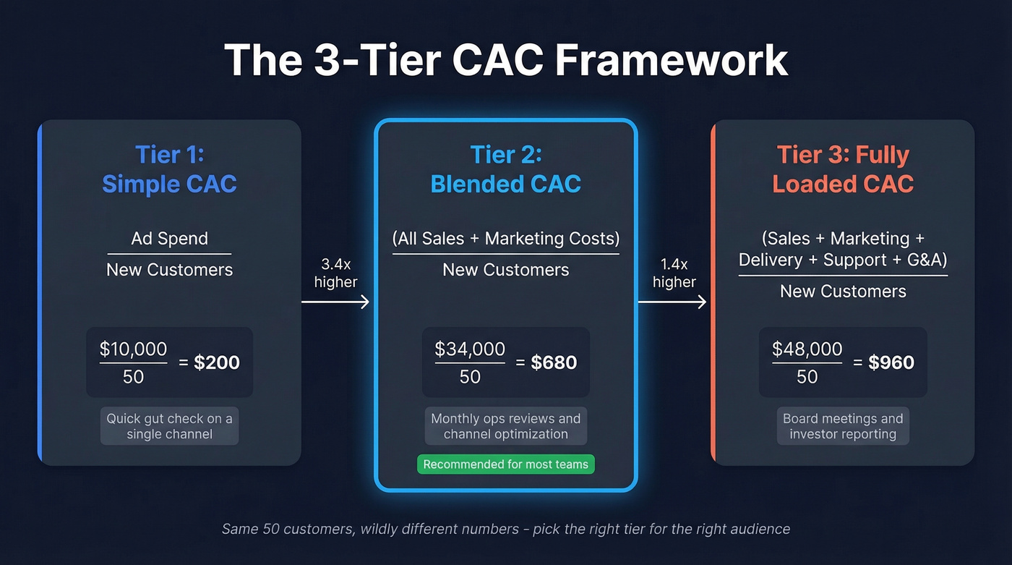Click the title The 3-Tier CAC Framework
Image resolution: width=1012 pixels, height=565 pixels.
(505, 59)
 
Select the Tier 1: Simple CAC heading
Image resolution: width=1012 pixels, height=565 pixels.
(169, 169)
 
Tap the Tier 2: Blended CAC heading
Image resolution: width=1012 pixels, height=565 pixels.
(505, 169)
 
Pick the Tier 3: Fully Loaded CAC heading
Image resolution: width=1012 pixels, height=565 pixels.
(843, 169)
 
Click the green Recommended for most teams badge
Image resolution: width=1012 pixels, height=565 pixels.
(505, 464)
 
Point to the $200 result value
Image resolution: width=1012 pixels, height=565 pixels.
(217, 362)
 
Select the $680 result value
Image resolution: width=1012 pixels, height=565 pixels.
(554, 362)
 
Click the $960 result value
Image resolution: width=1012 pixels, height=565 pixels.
(891, 362)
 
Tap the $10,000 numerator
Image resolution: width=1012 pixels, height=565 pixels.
(133, 349)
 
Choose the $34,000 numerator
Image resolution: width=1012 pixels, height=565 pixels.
(470, 349)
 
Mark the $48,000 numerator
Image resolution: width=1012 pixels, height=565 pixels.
(807, 349)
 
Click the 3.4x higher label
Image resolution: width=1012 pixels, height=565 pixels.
(335, 273)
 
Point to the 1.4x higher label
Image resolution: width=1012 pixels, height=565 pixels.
(674, 273)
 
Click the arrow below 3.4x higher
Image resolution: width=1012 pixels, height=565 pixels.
(335, 302)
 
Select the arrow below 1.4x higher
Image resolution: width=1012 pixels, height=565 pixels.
(672, 302)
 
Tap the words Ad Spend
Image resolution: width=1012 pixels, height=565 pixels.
(169, 239)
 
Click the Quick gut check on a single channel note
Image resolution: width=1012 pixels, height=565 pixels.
(169, 427)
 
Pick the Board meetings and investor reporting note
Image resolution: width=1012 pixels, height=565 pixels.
(843, 427)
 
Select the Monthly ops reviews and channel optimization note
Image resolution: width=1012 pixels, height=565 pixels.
(505, 427)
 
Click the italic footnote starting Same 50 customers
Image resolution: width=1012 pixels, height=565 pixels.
(505, 529)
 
